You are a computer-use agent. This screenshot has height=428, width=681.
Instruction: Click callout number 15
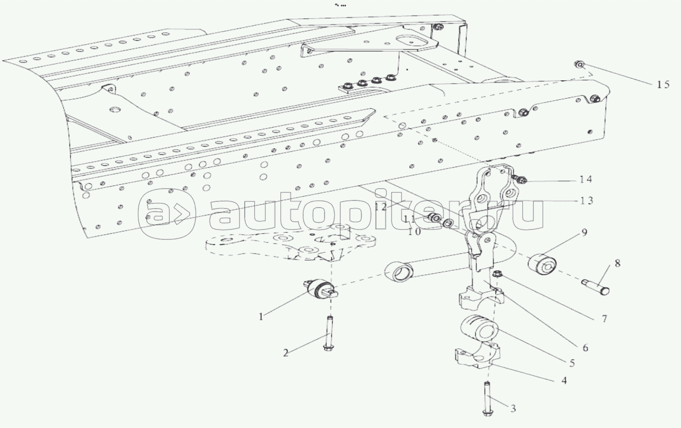(x=663, y=85)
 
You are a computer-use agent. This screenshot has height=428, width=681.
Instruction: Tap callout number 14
(x=585, y=180)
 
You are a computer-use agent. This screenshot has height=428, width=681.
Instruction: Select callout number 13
(x=587, y=200)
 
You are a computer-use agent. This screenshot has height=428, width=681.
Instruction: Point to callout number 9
(x=584, y=232)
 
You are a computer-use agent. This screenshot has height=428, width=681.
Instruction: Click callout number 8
(x=617, y=263)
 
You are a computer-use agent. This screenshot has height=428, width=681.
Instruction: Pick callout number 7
(x=604, y=319)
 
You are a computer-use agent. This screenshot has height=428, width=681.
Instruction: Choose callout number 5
(x=572, y=363)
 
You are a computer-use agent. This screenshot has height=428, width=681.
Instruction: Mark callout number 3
(x=513, y=408)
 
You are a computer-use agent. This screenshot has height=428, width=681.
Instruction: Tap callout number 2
(x=286, y=353)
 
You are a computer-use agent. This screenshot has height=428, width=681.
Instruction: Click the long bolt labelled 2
(x=328, y=333)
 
